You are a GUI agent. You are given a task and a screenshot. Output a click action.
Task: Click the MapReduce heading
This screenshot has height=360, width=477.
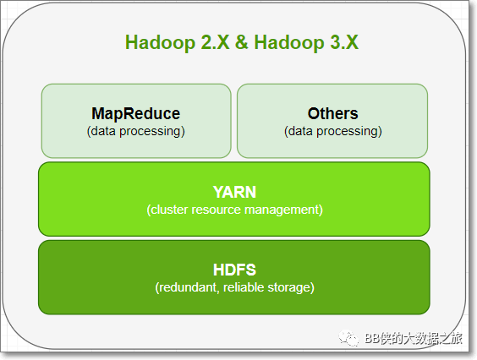point(135,114)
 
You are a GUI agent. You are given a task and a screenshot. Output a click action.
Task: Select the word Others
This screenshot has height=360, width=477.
point(333,114)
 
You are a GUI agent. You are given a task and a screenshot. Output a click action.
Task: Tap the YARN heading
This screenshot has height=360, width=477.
point(234,192)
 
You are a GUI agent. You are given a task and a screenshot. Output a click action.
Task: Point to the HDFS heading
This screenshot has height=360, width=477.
point(234,270)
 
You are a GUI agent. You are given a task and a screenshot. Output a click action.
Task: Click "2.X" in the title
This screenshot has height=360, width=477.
point(216,42)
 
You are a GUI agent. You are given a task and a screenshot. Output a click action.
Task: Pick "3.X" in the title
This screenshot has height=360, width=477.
point(344,42)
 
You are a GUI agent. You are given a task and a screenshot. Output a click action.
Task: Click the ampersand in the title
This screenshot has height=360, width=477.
point(242,42)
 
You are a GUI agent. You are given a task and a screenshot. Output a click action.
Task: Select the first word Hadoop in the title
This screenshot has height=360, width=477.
point(161,42)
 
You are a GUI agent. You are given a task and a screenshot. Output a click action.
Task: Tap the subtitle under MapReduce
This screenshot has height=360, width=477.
point(135,131)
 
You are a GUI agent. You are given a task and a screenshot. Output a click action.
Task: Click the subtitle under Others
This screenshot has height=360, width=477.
point(333,131)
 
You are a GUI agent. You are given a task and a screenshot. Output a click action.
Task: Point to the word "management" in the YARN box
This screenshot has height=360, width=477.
point(283,210)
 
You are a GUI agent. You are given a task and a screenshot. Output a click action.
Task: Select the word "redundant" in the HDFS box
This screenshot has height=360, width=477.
point(188,287)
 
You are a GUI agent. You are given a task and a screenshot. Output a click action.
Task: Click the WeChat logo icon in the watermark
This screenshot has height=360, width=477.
point(348,338)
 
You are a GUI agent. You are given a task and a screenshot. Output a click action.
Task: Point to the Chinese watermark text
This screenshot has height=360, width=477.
point(414,338)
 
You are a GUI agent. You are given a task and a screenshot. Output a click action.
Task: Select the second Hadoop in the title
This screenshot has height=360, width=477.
point(289,42)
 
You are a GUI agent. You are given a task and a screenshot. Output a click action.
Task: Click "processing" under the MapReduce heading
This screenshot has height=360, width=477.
point(151,132)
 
